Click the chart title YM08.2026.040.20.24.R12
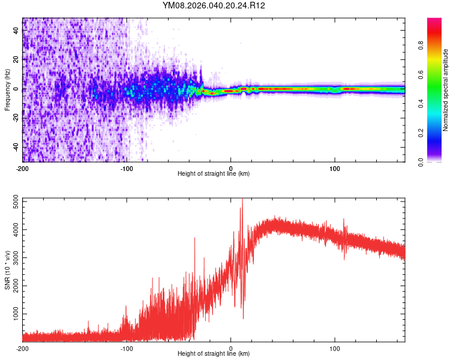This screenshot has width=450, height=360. (214, 5)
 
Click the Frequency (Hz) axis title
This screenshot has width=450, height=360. (7, 90)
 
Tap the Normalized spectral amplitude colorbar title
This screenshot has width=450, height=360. (446, 90)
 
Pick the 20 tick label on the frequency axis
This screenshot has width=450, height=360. (16, 60)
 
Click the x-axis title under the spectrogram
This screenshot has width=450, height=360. (214, 174)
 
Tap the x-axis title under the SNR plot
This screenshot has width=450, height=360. (214, 354)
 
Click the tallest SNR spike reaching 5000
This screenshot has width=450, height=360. (242, 200)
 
